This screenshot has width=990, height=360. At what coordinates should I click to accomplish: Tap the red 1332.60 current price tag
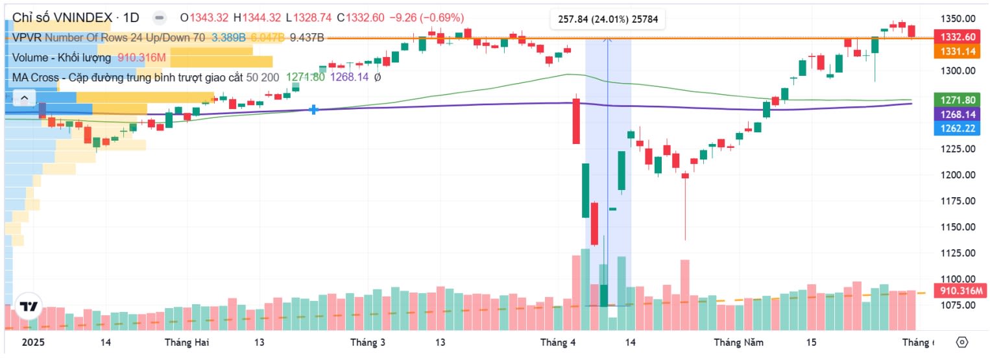(x=956, y=37)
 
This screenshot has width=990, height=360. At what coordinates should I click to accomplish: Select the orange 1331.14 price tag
(x=956, y=51)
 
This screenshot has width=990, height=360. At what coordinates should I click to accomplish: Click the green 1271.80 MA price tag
(x=956, y=100)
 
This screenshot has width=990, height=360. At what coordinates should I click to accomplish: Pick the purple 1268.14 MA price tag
(x=956, y=114)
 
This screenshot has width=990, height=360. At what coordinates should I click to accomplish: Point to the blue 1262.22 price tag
(x=956, y=128)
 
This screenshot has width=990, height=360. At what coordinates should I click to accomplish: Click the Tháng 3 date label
(x=368, y=342)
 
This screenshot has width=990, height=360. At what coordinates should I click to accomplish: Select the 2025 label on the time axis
(x=32, y=342)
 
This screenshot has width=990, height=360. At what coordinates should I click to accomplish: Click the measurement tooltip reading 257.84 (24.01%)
(x=608, y=19)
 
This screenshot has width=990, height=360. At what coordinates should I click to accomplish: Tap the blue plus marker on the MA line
(x=314, y=110)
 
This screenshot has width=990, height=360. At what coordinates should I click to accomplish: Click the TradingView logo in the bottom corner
(x=28, y=307)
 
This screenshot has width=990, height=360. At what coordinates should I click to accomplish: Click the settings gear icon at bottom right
(x=962, y=342)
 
